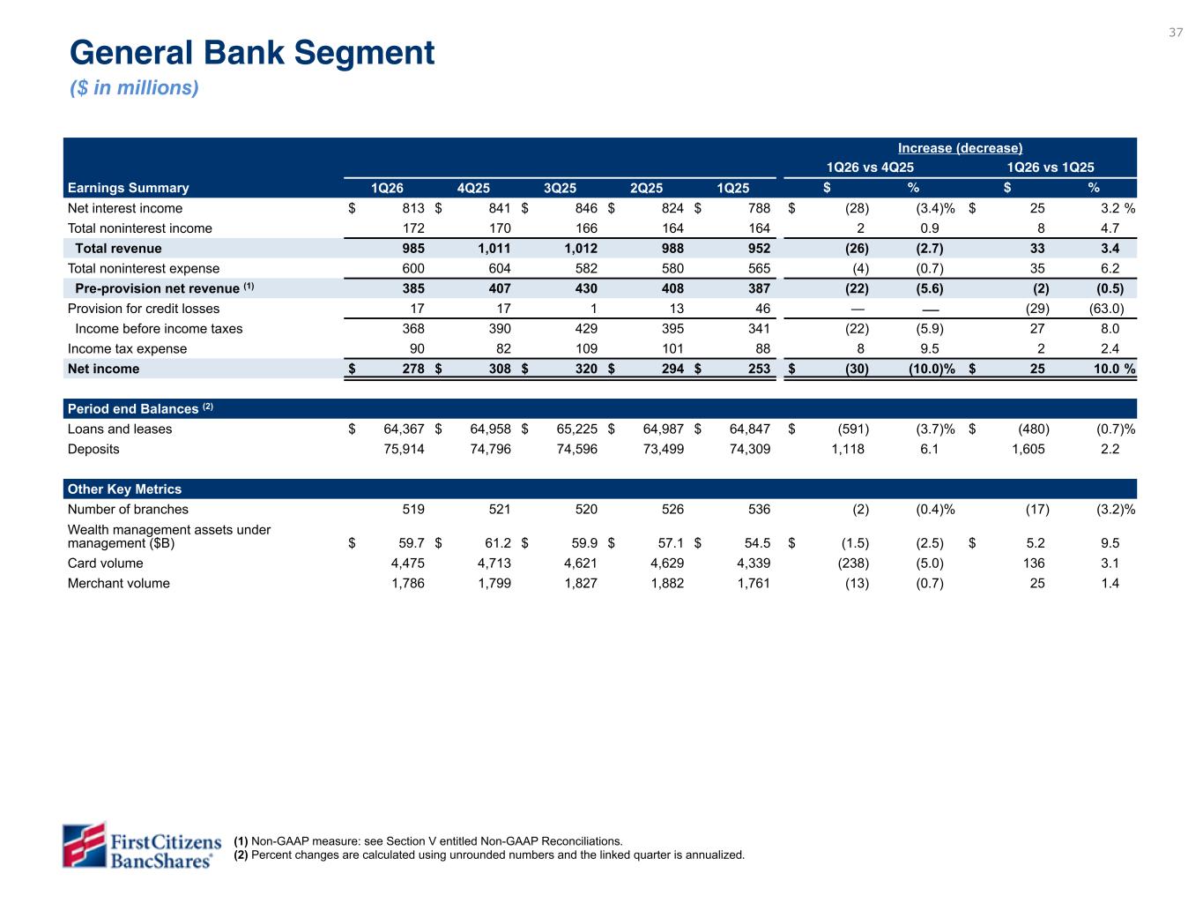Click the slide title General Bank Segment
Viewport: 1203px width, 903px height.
[x=252, y=53]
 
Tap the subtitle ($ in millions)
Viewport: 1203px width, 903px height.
[x=134, y=88]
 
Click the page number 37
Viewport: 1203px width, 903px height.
[x=1176, y=33]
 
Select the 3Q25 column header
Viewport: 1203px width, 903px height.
[x=560, y=188]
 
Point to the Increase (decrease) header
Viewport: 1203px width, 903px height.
[x=960, y=148]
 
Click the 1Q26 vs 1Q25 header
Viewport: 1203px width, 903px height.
[x=1050, y=168]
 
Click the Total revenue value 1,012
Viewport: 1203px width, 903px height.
[x=581, y=249]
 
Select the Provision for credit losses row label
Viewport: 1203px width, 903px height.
[x=144, y=309]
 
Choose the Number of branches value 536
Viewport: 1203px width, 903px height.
[x=759, y=509]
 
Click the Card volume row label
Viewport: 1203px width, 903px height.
[x=106, y=563]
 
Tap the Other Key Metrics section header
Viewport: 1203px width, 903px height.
[x=124, y=489]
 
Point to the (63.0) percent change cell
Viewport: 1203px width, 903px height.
[x=1106, y=309]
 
